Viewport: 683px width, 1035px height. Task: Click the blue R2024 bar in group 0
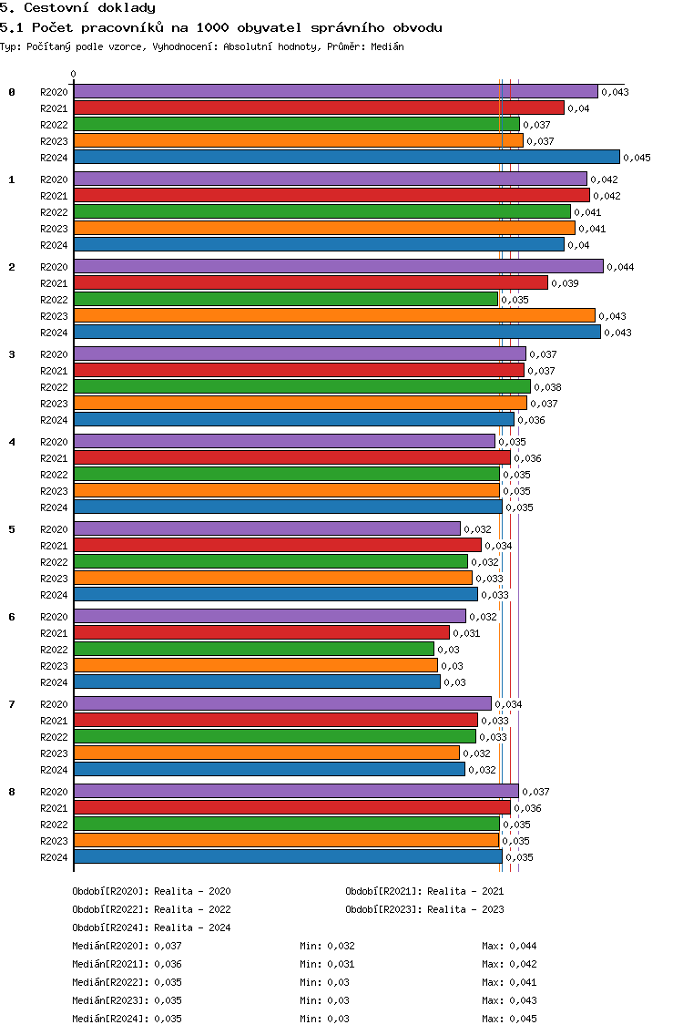click(x=346, y=158)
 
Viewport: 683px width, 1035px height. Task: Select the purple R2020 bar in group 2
click(x=338, y=266)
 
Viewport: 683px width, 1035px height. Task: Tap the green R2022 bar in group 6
click(x=254, y=649)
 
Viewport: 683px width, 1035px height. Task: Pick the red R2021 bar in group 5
click(x=277, y=545)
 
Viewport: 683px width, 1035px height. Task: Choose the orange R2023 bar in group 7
click(x=267, y=753)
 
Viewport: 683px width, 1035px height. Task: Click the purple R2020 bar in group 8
click(x=296, y=791)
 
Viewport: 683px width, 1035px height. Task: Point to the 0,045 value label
click(x=637, y=158)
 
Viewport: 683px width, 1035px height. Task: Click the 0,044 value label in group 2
click(x=620, y=266)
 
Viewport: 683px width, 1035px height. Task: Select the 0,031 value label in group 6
click(x=466, y=632)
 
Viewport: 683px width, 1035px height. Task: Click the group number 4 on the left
click(x=12, y=442)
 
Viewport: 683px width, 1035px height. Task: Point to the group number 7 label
click(x=12, y=704)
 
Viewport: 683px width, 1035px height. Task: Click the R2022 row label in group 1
click(x=54, y=212)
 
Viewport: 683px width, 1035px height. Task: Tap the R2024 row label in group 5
click(x=54, y=595)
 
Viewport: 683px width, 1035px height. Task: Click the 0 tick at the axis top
click(x=74, y=75)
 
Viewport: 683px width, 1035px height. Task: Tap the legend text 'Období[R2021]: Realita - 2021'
click(x=424, y=891)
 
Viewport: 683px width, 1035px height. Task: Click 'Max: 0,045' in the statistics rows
click(x=509, y=1019)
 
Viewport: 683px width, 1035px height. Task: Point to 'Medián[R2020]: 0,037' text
click(x=127, y=946)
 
